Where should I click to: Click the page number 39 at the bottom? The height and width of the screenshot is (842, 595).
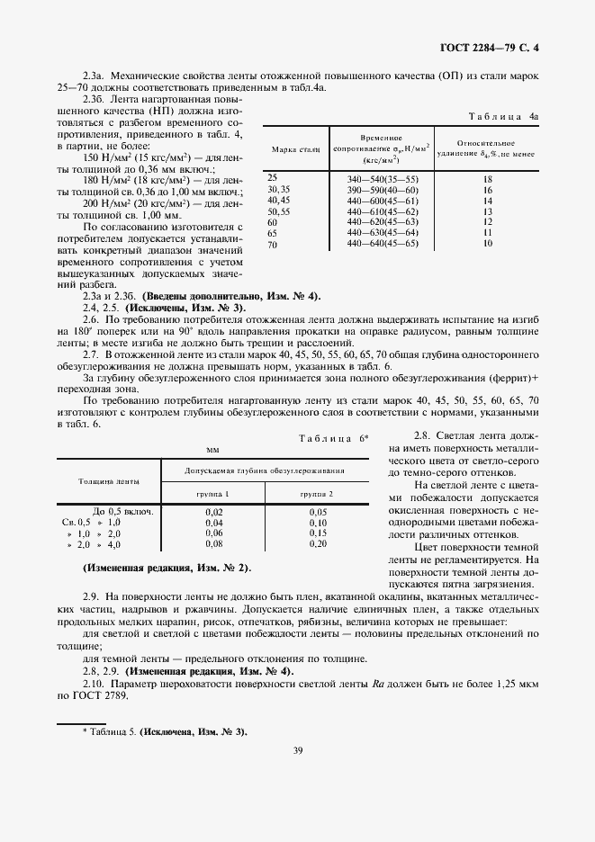pos(296,777)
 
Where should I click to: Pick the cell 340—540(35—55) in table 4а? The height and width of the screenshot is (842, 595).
pos(383,180)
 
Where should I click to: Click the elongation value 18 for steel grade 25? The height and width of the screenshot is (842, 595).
pos(488,180)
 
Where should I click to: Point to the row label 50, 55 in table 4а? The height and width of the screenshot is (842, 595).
pos(278,211)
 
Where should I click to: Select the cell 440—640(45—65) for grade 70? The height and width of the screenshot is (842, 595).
pos(383,244)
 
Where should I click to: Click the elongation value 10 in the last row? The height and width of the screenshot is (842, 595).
pos(488,244)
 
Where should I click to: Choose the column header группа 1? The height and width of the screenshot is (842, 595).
pos(213,495)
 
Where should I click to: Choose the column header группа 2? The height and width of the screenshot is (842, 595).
pos(318,495)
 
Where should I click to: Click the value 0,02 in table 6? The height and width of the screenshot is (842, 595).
pos(213,512)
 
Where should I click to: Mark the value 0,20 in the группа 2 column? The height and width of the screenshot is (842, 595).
pos(318,544)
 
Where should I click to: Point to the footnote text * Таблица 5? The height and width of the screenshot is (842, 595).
pos(164,731)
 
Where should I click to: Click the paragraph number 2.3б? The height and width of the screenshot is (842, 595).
pos(94,97)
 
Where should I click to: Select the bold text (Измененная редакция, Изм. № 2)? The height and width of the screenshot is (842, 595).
pos(167,569)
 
